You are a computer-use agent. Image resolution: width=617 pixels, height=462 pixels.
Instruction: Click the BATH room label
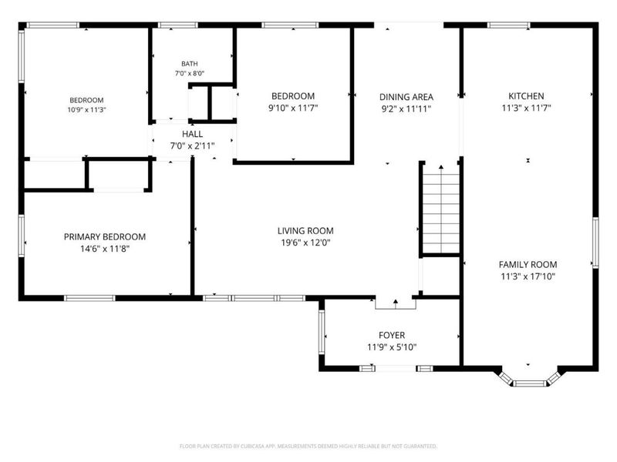point(189,64)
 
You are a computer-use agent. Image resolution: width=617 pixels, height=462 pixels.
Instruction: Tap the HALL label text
point(192,134)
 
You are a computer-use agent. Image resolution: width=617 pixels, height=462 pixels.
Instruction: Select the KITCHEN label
point(526,96)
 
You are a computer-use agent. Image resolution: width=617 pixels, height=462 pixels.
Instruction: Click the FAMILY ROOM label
point(528,265)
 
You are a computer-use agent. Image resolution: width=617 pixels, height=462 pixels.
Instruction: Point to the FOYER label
point(392,335)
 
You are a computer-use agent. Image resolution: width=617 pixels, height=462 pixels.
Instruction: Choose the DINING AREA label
point(406,97)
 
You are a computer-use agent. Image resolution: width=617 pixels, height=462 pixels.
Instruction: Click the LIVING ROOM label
point(305,231)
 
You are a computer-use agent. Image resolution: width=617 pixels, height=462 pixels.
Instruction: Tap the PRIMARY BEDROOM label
point(105,237)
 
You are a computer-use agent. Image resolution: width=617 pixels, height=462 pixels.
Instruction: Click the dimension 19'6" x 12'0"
point(305,243)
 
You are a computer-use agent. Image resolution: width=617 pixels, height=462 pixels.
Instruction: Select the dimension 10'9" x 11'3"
point(86,110)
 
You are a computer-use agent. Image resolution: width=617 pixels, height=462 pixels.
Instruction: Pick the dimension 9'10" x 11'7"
point(293,108)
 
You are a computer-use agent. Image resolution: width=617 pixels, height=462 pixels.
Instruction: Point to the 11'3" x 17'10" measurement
point(528,276)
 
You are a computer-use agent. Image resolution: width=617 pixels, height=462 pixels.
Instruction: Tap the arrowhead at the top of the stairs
point(441,167)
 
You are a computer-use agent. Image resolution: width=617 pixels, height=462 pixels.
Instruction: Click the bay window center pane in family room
point(529,383)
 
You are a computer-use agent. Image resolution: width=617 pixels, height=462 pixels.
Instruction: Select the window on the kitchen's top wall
point(508,25)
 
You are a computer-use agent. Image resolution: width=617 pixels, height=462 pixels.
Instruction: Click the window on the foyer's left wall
point(322,332)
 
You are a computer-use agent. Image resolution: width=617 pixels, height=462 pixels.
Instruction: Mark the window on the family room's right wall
point(595,243)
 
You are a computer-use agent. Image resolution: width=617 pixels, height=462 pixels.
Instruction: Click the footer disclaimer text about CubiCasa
point(308,447)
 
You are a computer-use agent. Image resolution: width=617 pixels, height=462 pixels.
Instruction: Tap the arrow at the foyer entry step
point(396,302)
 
